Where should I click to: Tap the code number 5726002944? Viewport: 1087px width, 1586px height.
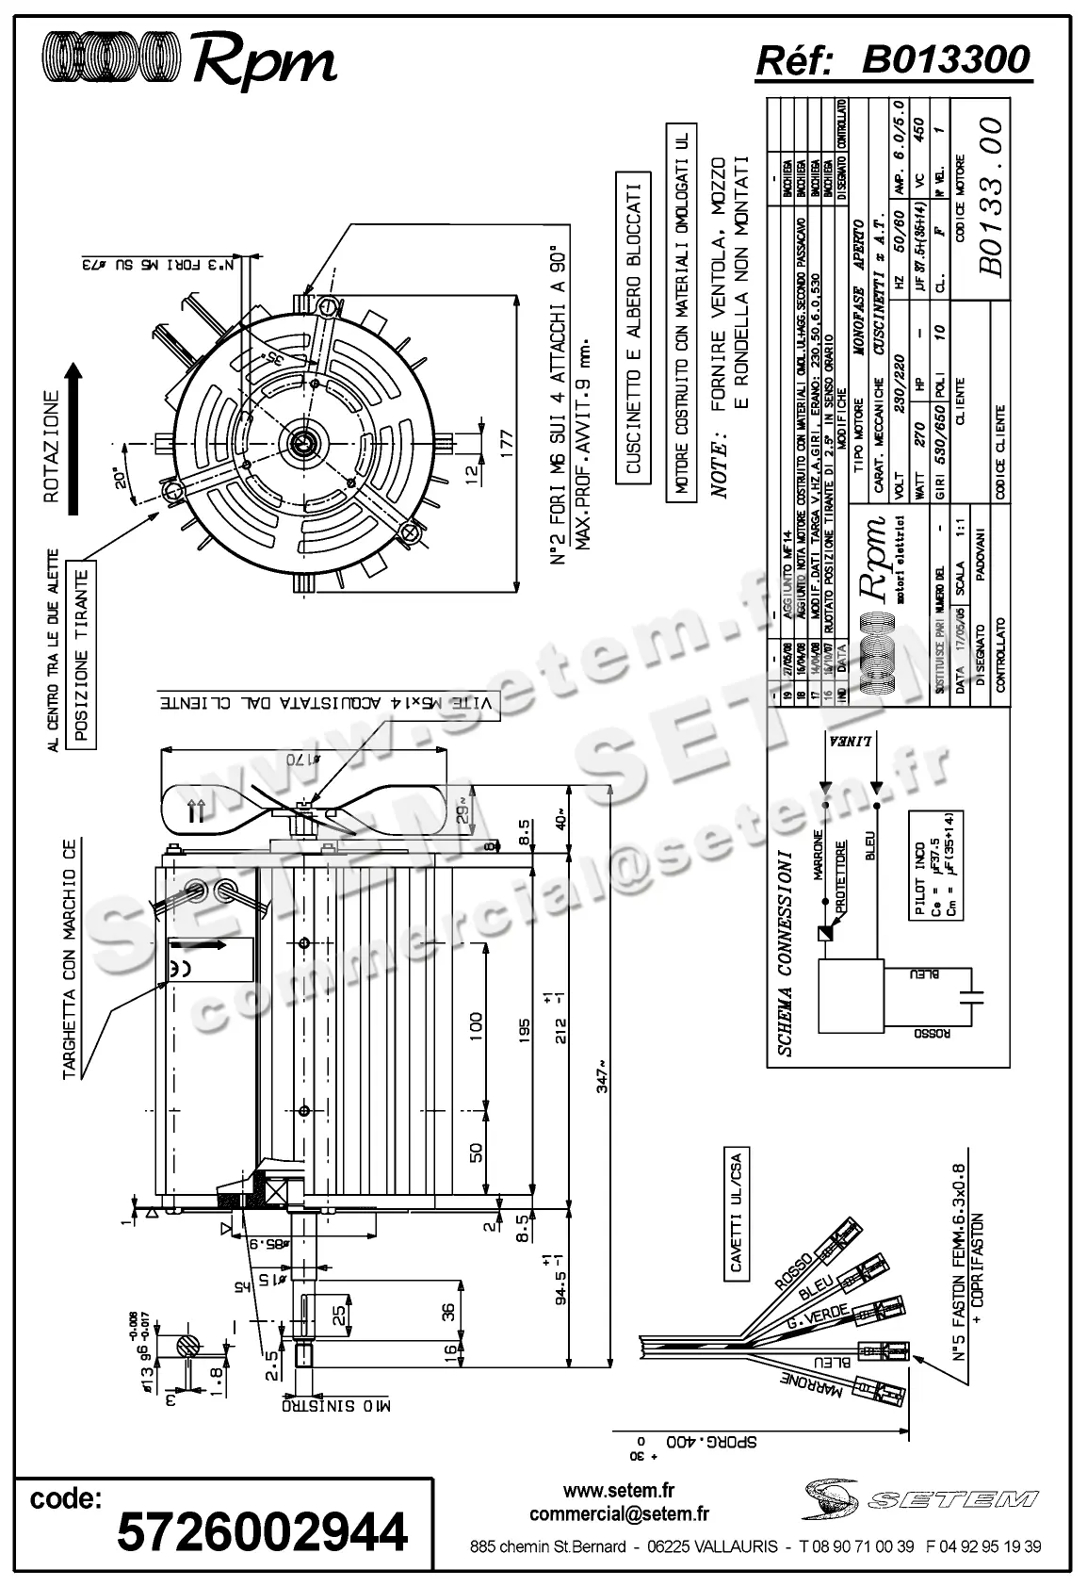pyautogui.click(x=262, y=1531)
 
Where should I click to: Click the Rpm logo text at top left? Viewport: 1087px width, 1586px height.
pyautogui.click(x=265, y=63)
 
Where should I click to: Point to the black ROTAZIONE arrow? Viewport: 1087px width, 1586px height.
pyautogui.click(x=74, y=438)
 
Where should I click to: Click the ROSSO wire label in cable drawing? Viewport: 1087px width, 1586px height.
pyautogui.click(x=791, y=1270)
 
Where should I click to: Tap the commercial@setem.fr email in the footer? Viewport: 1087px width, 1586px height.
pyautogui.click(x=619, y=1514)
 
